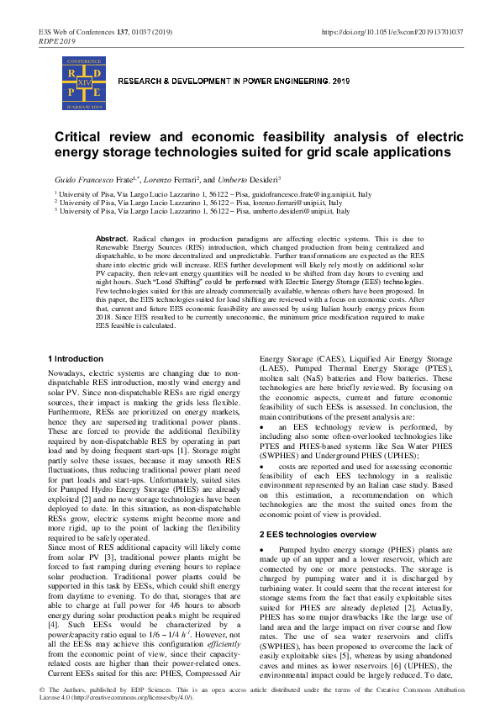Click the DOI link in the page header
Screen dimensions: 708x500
click(392, 31)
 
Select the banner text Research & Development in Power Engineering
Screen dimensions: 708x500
click(234, 82)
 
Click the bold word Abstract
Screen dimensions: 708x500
click(112, 240)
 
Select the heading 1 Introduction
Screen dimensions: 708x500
click(76, 359)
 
